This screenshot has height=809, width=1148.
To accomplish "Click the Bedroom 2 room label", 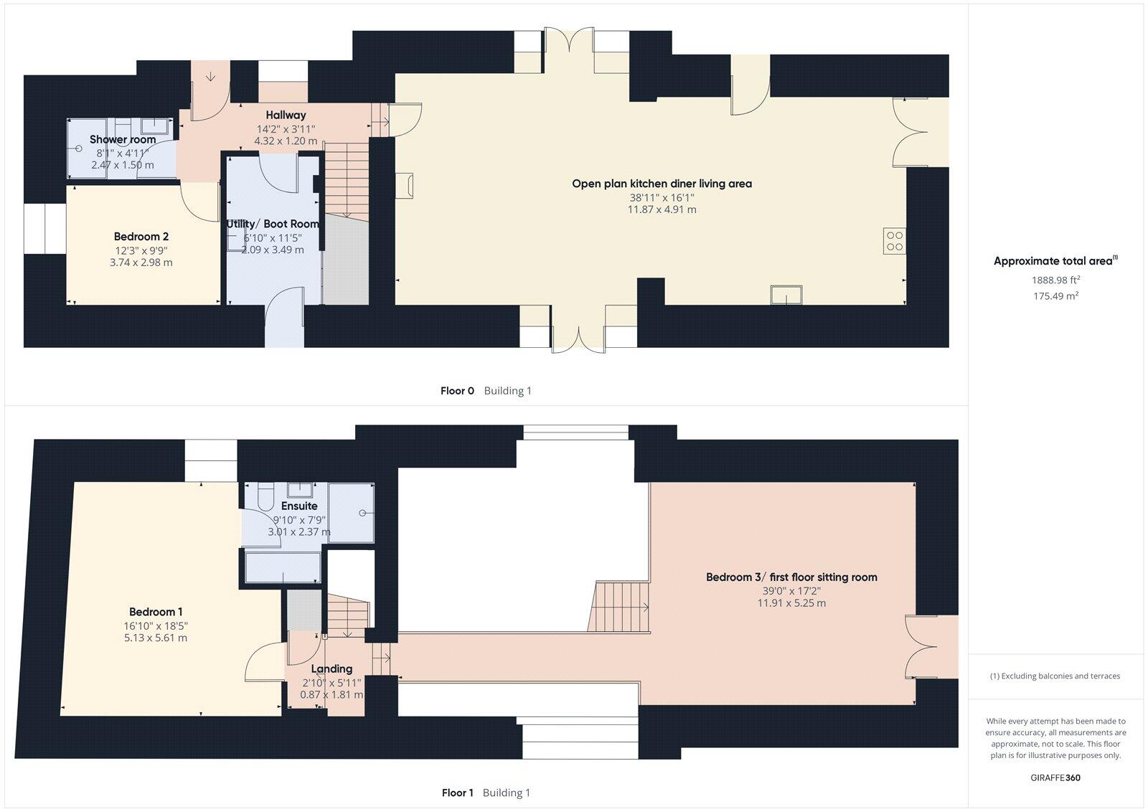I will (x=141, y=237).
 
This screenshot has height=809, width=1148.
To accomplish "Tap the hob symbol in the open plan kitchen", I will (x=895, y=241).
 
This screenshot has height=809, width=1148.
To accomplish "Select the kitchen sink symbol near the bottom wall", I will (x=786, y=295).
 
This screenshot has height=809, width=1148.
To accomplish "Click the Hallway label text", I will (x=286, y=115).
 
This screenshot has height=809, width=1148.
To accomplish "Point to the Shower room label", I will (x=123, y=139).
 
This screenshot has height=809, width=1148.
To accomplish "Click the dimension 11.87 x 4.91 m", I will (x=662, y=209).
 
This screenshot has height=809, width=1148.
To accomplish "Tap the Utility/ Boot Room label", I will (x=273, y=224).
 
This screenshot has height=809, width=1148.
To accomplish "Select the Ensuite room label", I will (x=299, y=506).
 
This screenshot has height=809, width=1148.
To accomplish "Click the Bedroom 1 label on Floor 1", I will (x=156, y=612).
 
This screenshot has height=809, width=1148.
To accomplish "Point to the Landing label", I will (x=331, y=668).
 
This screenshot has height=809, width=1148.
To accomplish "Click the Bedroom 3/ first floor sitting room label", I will (x=791, y=577).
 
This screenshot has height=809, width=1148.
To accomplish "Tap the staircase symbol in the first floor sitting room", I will (x=621, y=607).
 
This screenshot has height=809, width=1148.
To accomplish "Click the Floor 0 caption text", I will (x=457, y=391).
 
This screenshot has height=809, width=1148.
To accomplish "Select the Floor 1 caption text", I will (x=457, y=793).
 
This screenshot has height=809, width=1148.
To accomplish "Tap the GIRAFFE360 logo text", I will (x=1055, y=777).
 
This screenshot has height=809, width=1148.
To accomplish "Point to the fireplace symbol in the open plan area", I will (x=409, y=184).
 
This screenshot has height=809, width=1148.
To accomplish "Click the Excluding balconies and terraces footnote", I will (x=1055, y=676).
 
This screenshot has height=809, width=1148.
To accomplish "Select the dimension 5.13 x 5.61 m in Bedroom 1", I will (x=156, y=638).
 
